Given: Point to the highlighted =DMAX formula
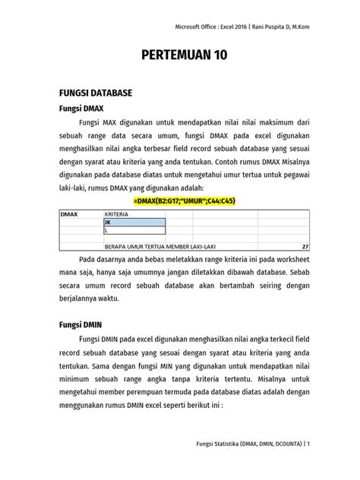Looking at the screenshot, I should tap(184, 201).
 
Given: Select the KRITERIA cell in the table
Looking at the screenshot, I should tap(117, 215).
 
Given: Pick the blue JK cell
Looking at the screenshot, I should tap(134, 223).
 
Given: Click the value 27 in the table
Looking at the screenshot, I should tap(305, 247).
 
